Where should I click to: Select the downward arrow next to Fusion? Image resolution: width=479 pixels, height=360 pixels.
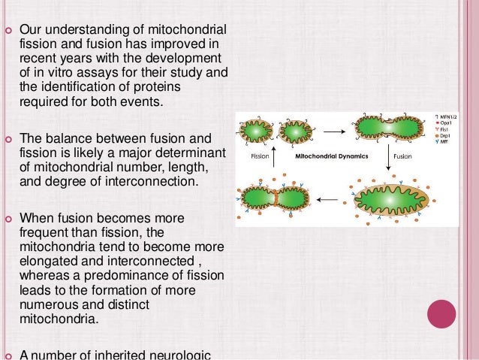click(387, 158)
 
